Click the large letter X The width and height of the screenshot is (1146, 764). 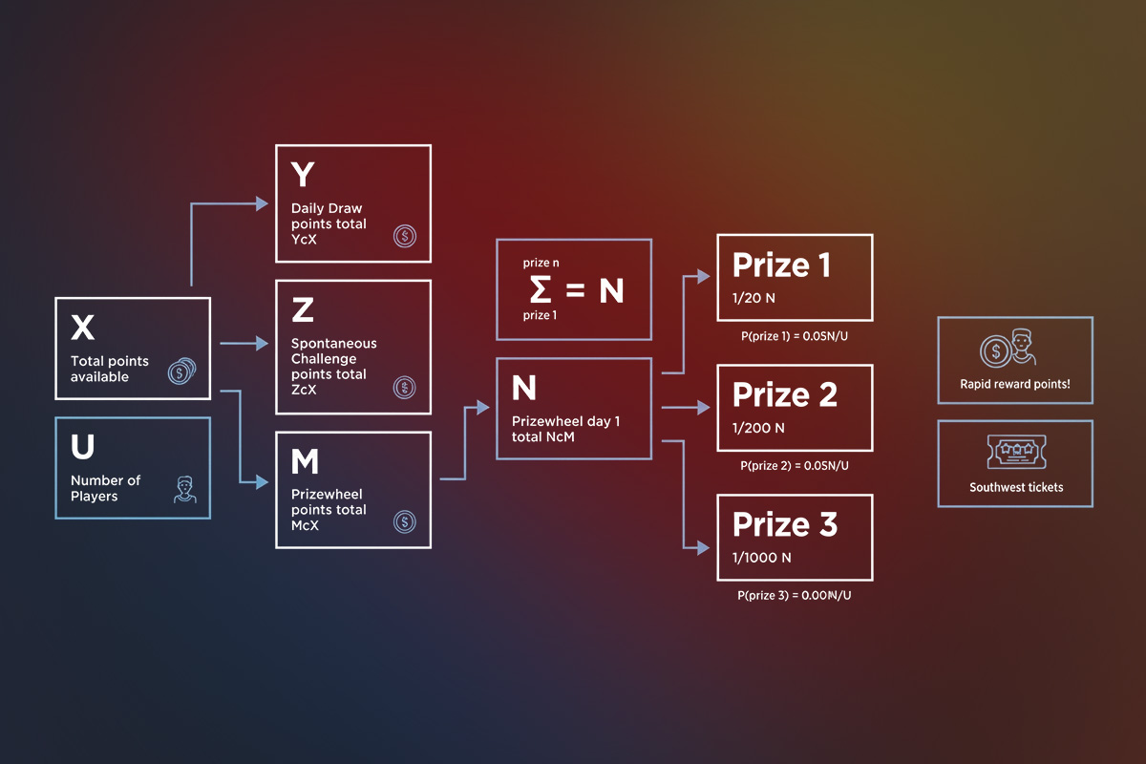click(83, 328)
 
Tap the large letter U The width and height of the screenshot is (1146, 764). click(82, 447)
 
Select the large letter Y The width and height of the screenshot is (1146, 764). click(302, 175)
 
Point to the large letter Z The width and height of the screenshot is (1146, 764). click(302, 309)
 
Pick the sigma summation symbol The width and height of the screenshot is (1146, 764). click(541, 289)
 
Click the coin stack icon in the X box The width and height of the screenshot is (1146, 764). click(180, 371)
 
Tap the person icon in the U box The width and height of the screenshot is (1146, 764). click(183, 491)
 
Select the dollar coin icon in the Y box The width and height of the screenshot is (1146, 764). click(404, 235)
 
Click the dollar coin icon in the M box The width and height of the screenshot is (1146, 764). click(404, 521)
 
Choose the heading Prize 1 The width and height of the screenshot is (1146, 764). click(780, 265)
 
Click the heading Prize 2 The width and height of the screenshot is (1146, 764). click(784, 394)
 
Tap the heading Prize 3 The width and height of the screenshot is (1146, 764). click(784, 524)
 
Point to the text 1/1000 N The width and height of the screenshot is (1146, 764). click(761, 558)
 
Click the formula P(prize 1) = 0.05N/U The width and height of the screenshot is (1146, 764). click(795, 335)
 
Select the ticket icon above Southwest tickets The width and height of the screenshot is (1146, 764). click(1015, 452)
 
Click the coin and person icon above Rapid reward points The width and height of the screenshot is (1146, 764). click(1009, 350)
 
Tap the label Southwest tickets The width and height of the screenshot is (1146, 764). click(1016, 487)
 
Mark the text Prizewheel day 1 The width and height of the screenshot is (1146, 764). click(565, 421)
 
